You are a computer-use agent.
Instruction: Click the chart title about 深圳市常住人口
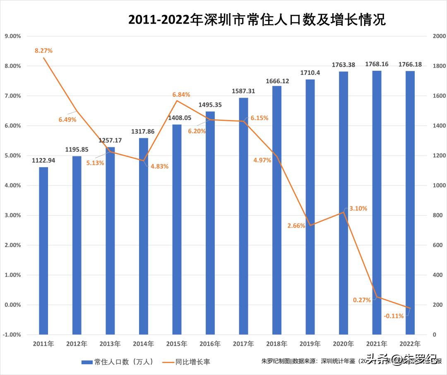point(257,19)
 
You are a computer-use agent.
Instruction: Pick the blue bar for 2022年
point(410,203)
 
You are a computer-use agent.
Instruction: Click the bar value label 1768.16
point(377,64)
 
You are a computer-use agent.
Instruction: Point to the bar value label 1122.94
point(43,160)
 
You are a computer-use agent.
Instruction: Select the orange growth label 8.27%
point(43,50)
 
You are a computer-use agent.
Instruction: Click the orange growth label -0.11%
point(394,316)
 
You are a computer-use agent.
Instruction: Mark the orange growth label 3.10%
point(358,209)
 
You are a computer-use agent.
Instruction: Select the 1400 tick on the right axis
point(439,126)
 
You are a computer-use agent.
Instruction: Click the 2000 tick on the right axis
point(439,36)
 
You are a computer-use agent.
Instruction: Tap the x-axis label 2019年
point(310,344)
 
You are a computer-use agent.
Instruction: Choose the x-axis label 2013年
point(110,344)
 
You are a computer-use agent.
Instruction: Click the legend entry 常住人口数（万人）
point(118,362)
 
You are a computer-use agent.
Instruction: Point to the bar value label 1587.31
point(243,91)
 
